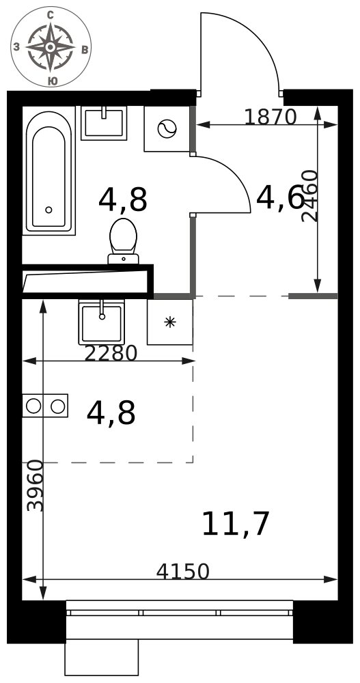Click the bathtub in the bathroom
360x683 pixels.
point(49,173)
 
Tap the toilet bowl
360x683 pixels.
point(124,241)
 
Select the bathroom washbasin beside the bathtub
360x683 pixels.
point(104,123)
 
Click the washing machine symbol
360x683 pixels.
point(167,129)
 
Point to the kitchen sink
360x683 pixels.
point(102,322)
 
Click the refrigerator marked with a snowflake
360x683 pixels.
point(170,322)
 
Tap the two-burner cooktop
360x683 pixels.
point(45,406)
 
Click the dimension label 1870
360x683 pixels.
point(271,117)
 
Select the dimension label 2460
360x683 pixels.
point(310,196)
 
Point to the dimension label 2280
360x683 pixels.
point(111,353)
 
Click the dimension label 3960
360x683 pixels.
point(36,486)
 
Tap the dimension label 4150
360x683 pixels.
point(183,572)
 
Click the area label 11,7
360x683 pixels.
point(236,524)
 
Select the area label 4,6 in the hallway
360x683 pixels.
point(280,198)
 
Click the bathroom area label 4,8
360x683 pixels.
point(123,200)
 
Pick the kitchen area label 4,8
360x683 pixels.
point(111,413)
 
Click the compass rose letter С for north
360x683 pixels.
point(50,16)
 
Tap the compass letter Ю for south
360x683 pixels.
point(52,81)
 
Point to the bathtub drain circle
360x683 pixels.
point(49,210)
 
